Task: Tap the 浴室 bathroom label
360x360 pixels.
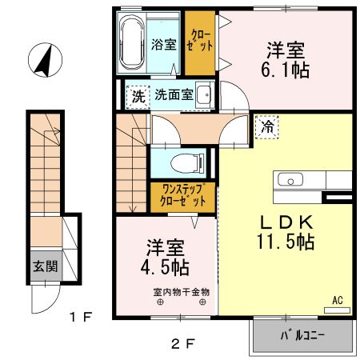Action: tap(163, 45)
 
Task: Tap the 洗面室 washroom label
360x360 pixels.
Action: tap(174, 94)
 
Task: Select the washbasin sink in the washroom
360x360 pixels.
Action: tap(203, 94)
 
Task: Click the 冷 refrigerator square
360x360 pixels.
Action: tap(267, 126)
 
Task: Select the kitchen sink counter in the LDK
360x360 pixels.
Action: tap(304, 179)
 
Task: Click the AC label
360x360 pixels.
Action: tap(338, 300)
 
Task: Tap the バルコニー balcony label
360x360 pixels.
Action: tap(302, 335)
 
